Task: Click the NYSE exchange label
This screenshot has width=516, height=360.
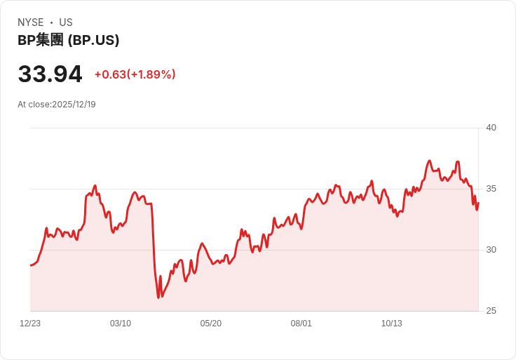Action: pos(30,22)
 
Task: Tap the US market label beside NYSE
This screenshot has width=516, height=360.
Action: pos(66,22)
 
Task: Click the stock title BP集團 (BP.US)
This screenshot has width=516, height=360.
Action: pos(68,40)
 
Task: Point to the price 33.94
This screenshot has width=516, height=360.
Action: pos(50,74)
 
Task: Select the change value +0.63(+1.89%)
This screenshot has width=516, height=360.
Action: pos(135,74)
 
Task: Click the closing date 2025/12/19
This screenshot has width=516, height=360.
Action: pos(74,105)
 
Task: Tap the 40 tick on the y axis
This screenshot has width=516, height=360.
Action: pos(491,128)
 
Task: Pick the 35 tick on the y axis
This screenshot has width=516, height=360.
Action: pos(491,189)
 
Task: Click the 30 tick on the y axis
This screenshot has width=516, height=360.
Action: pos(491,250)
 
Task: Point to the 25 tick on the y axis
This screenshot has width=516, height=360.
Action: pos(491,311)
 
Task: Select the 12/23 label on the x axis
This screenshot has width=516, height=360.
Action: pos(30,324)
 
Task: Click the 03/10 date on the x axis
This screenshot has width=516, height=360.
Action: pos(121,324)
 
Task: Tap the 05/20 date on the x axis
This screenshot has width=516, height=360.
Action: pos(211,324)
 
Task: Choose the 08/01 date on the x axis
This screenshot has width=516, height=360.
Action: pos(301,324)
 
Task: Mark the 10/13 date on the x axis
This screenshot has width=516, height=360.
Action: pos(392,324)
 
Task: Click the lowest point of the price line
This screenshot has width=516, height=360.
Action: pos(158,298)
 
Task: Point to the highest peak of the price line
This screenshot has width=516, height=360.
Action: pos(430,161)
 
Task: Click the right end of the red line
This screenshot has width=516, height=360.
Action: pos(478,202)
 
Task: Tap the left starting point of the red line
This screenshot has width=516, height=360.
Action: pos(30,265)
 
